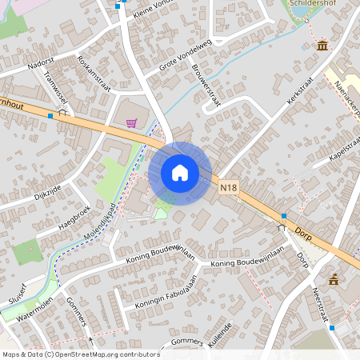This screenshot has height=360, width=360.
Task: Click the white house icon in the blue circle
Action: click(x=180, y=173)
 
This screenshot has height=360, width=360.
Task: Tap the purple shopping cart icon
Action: click(x=131, y=123)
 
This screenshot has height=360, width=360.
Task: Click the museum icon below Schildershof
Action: click(x=322, y=46)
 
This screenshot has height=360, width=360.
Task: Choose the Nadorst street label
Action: click(x=41, y=61)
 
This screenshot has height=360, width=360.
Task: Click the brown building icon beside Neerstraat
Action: click(x=334, y=278)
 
